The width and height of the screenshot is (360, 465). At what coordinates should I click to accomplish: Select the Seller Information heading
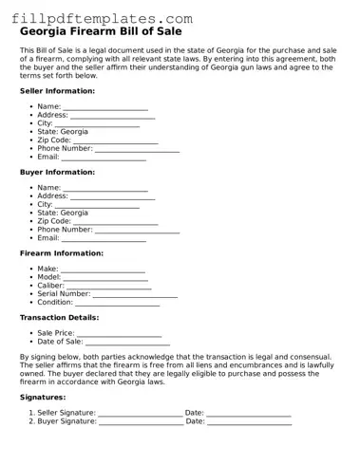[x=57, y=91]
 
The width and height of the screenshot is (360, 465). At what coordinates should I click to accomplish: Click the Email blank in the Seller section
[x=110, y=158]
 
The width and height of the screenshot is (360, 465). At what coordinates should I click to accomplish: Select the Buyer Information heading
[x=57, y=173]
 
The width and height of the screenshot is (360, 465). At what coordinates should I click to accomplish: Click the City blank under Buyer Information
[x=98, y=205]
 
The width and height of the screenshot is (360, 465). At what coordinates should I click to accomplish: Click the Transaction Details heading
[x=59, y=318]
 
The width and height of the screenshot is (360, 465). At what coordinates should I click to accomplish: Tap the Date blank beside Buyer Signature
[x=249, y=422]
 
